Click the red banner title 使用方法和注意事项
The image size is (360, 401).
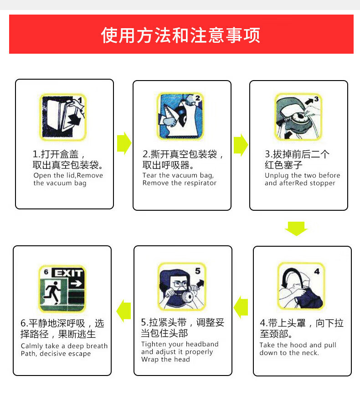[x=181, y=35]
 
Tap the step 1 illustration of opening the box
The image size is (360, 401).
[x=63, y=117]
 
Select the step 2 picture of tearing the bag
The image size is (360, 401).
[x=180, y=116]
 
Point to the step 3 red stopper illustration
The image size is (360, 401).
[x=298, y=117]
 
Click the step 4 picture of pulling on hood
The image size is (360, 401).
[x=301, y=286]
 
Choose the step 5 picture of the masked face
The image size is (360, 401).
[x=181, y=286]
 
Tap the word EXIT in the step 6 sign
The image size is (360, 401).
[x=68, y=273]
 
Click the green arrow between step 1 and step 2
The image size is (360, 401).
[x=124, y=143]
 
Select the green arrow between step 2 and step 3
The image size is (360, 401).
[x=241, y=144]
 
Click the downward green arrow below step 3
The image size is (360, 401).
[x=296, y=228]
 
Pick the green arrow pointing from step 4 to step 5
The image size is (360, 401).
[x=241, y=307]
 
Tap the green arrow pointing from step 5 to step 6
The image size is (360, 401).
[x=123, y=310]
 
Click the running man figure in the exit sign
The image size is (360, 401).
[x=52, y=294]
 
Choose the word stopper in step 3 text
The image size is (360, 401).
[x=322, y=183]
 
